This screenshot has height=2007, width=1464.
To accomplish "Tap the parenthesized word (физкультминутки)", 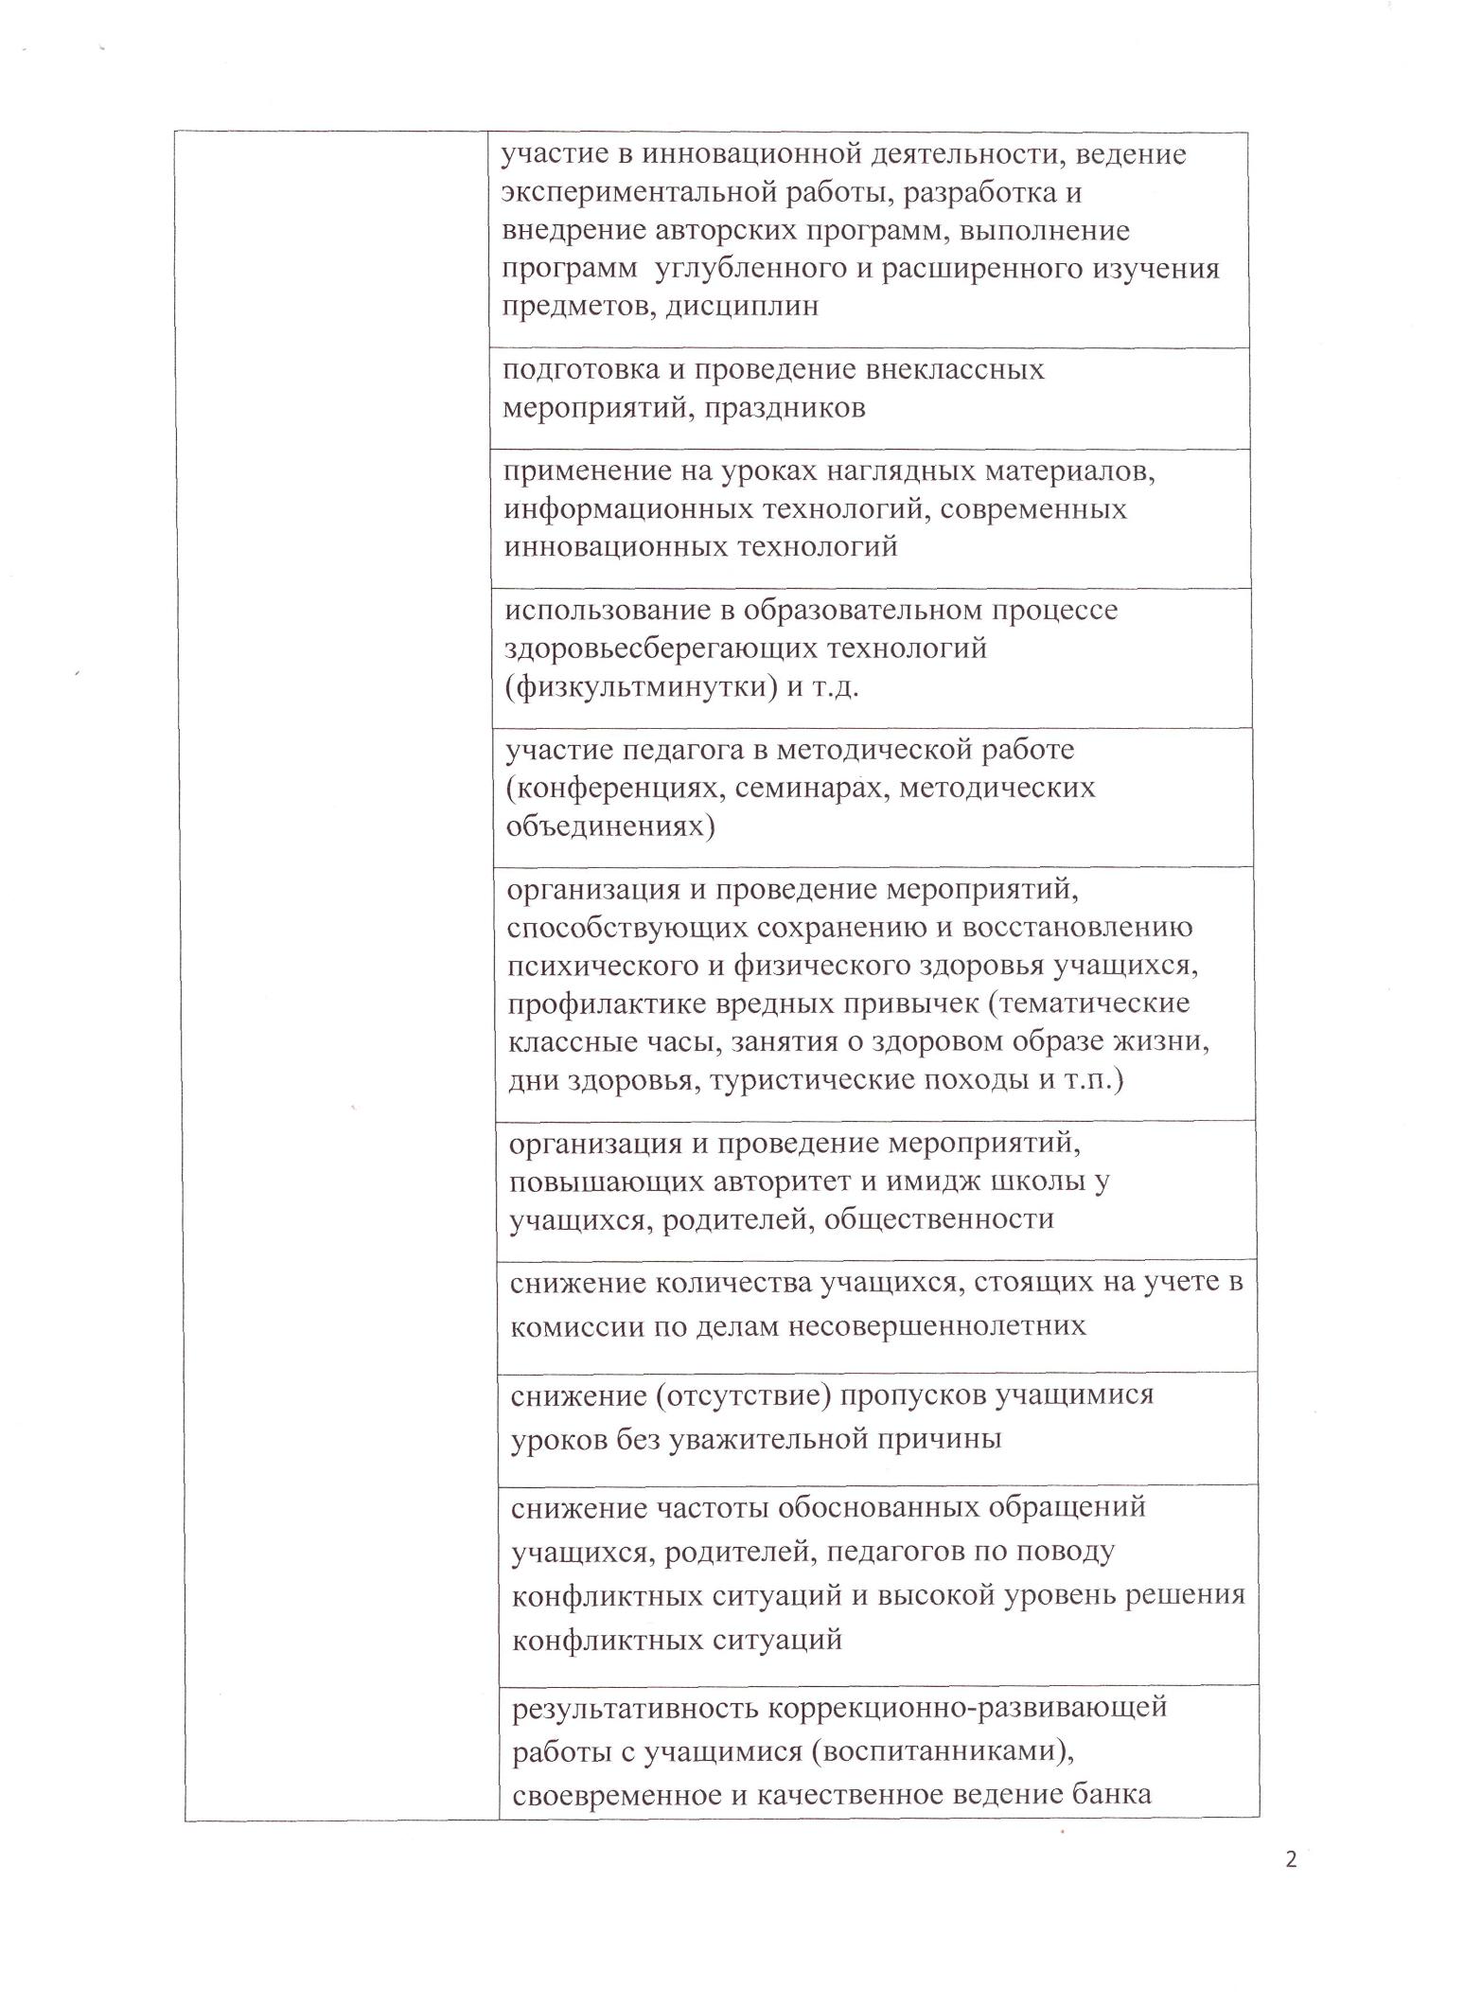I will click(x=639, y=687).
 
